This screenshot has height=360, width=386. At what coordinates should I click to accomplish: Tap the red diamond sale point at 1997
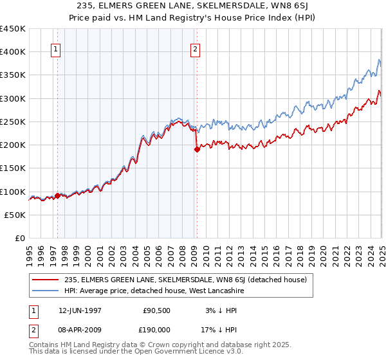coord(57,196)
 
